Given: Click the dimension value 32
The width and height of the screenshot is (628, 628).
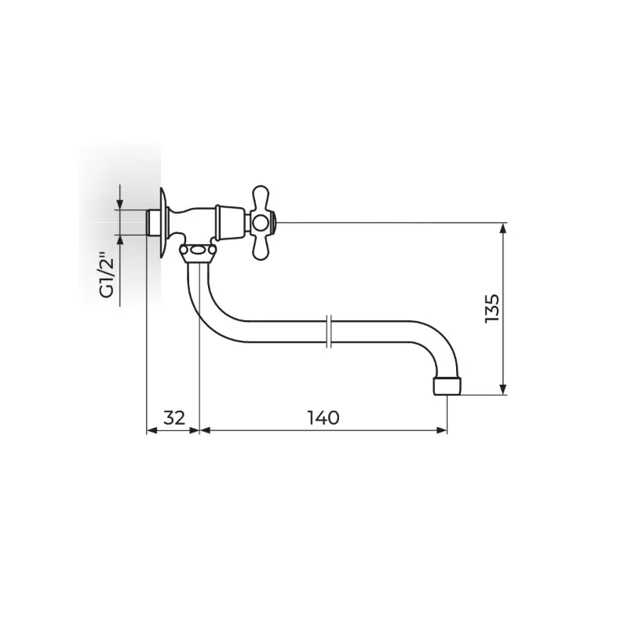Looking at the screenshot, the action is coord(174,418).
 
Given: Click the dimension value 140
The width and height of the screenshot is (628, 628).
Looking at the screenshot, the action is coord(323,418).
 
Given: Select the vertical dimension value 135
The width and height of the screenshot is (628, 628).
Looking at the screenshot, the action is coord(492,309).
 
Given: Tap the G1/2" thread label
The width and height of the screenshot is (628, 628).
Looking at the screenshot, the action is coord(108,275).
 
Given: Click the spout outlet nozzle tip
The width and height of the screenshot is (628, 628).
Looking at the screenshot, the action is coord(447,385).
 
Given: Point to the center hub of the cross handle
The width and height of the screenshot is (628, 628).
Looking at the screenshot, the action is coord(261,223).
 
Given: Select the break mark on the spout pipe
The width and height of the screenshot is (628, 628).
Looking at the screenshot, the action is coord(328,331).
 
